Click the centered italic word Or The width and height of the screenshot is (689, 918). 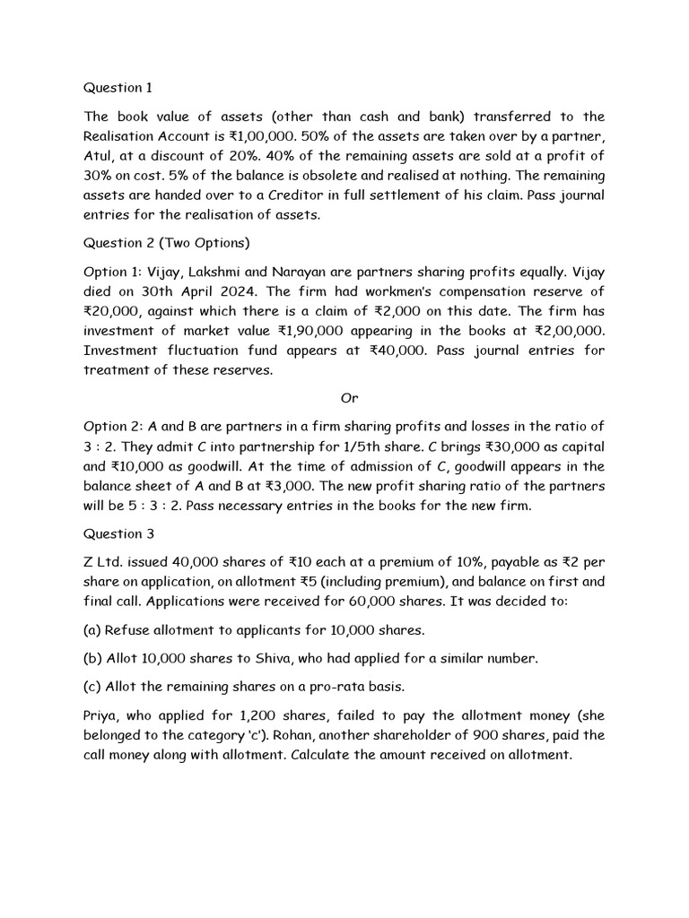point(349,397)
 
